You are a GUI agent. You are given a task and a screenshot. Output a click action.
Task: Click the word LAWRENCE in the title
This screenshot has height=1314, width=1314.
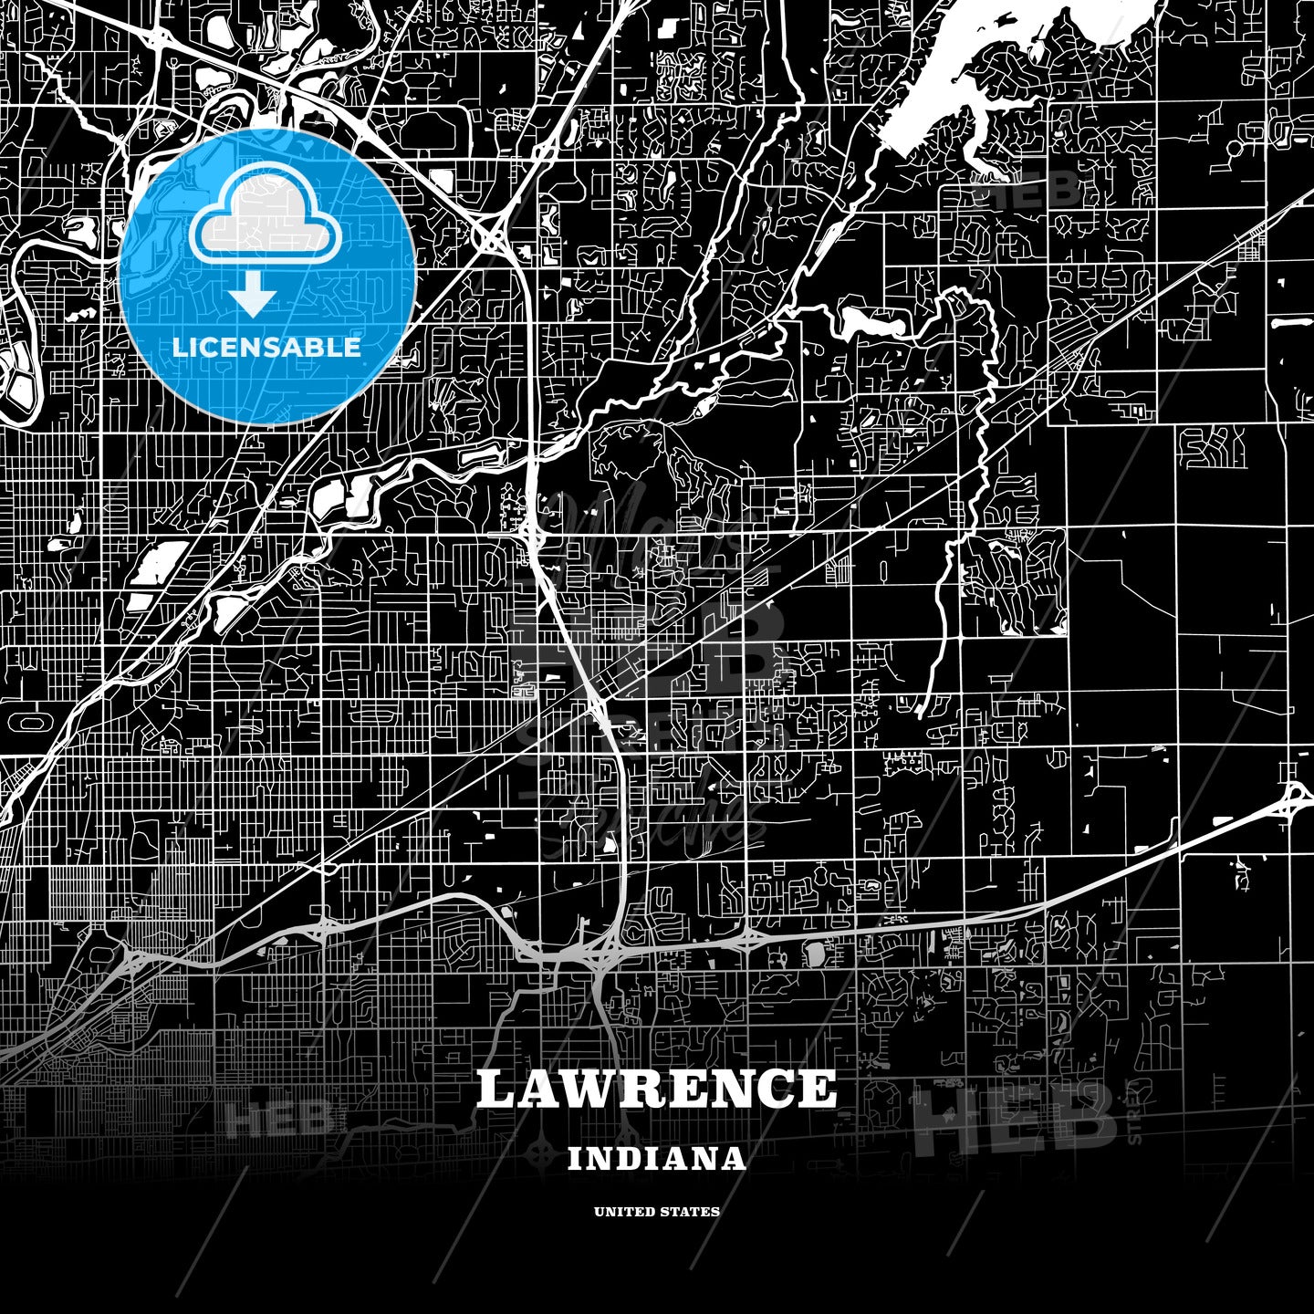[x=656, y=1089]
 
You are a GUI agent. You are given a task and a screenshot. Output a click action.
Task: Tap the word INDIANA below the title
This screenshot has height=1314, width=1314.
[x=656, y=1159]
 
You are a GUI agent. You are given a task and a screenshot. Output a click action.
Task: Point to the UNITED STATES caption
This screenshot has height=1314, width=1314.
[x=656, y=1212]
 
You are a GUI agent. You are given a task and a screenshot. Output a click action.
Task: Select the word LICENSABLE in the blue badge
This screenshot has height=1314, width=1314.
[x=266, y=347]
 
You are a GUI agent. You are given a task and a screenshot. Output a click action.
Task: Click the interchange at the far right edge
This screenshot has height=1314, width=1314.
[x=1295, y=798]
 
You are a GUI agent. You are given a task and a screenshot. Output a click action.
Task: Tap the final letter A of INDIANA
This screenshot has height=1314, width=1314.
[x=734, y=1159]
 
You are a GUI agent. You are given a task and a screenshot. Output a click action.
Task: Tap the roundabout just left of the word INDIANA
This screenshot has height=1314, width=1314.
[x=545, y=1144]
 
